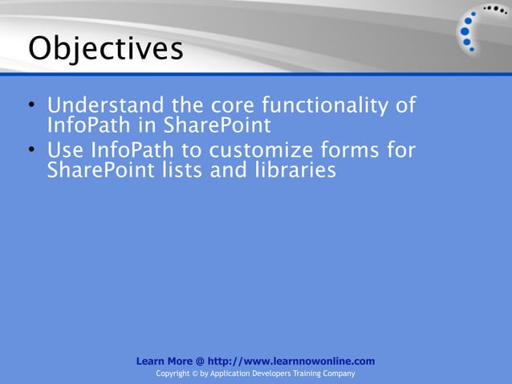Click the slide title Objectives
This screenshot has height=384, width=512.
click(105, 49)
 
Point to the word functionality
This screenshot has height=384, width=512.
click(323, 106)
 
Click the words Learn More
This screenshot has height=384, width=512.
click(163, 362)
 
